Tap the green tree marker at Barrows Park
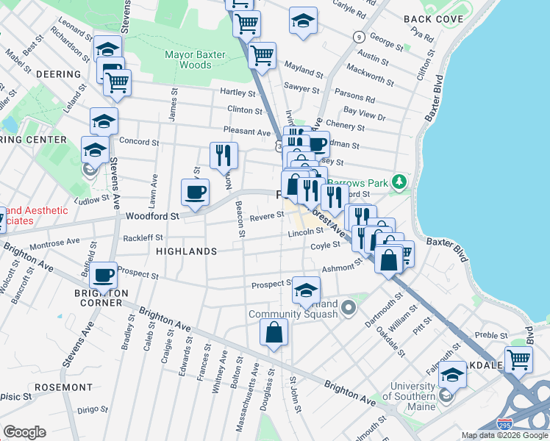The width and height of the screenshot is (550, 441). [x=399, y=180]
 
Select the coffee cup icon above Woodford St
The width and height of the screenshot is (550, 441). [x=195, y=193]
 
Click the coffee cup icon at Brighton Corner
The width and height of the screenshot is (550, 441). [x=103, y=275]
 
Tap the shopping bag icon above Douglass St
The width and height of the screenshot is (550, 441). [x=274, y=331]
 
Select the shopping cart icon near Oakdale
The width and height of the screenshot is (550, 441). [x=518, y=360]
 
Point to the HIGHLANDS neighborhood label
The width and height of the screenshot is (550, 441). [x=187, y=251]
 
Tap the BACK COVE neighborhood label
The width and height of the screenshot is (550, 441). [x=433, y=19]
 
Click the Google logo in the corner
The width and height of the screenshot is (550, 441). [x=24, y=432]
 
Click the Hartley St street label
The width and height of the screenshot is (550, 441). [x=237, y=93]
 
